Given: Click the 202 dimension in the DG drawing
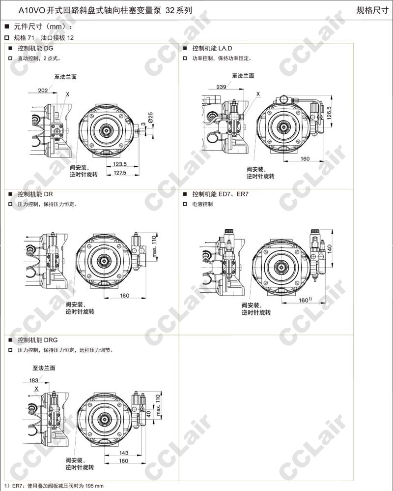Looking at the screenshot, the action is [x=43, y=91].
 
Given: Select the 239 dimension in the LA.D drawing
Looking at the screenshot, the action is [x=221, y=87].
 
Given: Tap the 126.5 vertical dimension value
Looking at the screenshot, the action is [x=329, y=113].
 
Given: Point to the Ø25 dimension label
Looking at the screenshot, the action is [x=151, y=118].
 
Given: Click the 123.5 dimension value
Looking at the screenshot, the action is [x=120, y=164].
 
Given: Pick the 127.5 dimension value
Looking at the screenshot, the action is [x=120, y=173].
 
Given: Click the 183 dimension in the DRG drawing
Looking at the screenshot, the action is [x=34, y=380].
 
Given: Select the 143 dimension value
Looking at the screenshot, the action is [x=124, y=453].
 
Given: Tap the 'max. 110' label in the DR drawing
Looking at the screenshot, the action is [x=154, y=246].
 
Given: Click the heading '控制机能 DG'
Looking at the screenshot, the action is [x=35, y=48].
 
